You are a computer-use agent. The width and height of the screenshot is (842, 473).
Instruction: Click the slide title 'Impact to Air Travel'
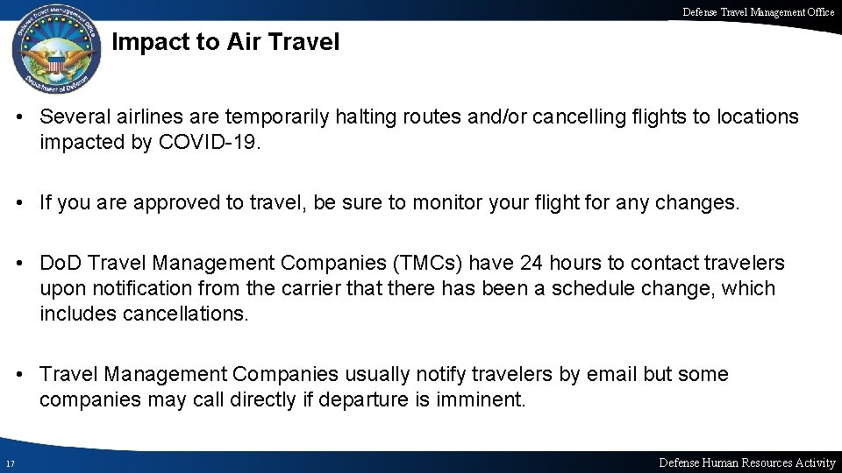(226, 42)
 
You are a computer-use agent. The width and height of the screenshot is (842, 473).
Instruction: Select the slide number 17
(9, 463)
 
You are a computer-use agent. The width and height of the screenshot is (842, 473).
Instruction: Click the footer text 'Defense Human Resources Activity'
(747, 462)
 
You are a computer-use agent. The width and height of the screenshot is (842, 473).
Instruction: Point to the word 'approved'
(165, 203)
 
